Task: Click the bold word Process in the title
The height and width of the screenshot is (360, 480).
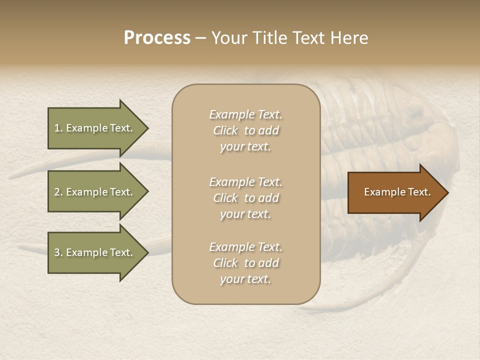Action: [157, 38]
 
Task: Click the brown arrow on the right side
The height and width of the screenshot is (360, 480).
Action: [395, 192]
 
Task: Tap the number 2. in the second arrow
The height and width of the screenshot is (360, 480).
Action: [58, 192]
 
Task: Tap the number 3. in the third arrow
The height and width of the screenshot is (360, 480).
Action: [58, 252]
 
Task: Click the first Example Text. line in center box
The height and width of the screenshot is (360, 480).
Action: [245, 114]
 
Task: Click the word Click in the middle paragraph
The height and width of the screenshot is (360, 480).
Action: [225, 198]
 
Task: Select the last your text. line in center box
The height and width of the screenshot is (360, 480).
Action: [245, 279]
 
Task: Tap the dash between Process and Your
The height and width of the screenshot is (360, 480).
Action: [201, 38]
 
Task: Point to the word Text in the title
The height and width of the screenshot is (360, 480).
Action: [312, 38]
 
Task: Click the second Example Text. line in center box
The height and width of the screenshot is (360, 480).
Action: [245, 181]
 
